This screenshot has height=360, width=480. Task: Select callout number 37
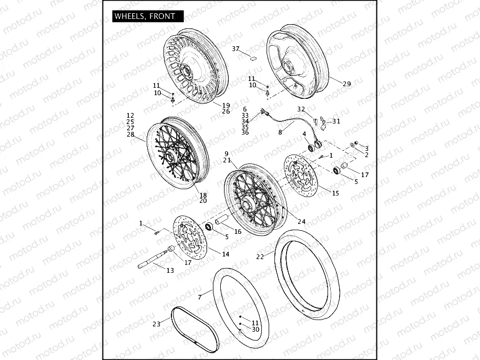click(236, 48)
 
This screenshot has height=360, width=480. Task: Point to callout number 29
click(346, 84)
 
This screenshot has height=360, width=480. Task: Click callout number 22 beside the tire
click(260, 257)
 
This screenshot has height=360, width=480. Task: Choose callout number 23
click(156, 324)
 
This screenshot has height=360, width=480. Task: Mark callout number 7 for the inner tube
click(200, 297)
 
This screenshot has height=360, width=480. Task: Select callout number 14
click(226, 254)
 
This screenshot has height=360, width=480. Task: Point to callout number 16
click(238, 231)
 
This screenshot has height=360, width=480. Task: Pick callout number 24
click(301, 221)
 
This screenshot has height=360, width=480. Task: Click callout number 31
click(336, 121)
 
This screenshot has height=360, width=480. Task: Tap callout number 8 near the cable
click(280, 132)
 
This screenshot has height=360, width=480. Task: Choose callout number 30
click(256, 330)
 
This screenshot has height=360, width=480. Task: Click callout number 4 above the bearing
click(304, 135)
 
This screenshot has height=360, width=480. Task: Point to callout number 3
click(366, 148)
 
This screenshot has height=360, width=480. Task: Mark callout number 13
click(170, 271)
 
